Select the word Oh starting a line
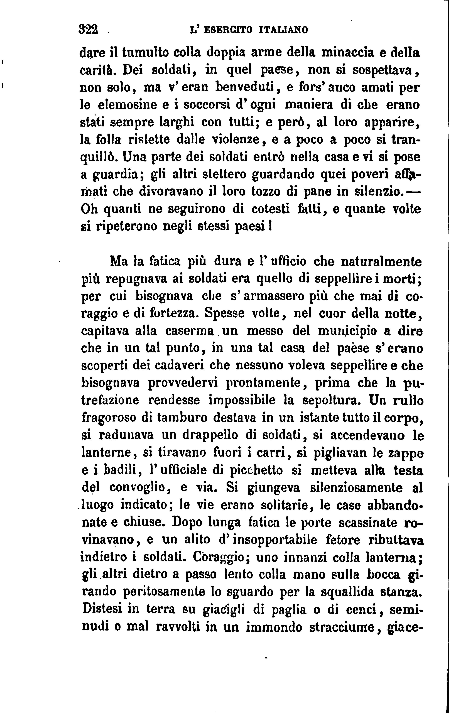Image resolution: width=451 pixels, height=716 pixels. point(89,209)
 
